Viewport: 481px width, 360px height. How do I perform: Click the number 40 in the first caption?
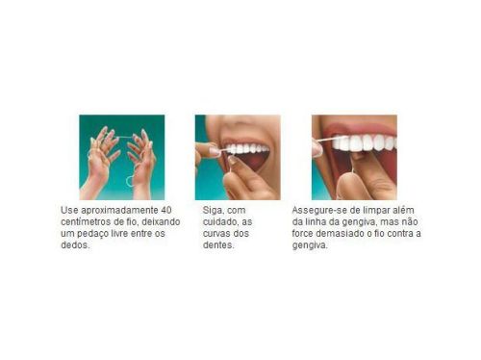tap(166, 210)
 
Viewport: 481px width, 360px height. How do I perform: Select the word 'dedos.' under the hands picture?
tap(75, 244)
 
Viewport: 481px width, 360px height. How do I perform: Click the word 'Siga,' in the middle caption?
tap(212, 211)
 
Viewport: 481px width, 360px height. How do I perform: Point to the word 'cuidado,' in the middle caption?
tap(220, 222)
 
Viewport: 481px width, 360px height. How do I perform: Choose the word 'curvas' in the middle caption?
tap(216, 233)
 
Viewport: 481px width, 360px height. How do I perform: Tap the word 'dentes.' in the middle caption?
tap(218, 244)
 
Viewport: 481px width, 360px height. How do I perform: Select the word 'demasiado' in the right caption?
tap(340, 233)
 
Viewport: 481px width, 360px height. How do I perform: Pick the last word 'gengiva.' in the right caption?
tap(310, 245)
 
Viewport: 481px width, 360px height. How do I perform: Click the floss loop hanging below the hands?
tap(130, 181)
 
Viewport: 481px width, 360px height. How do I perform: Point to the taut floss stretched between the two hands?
tap(125, 137)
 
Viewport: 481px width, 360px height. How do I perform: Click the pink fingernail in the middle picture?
tap(214, 151)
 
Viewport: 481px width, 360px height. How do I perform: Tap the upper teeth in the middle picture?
tap(246, 149)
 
